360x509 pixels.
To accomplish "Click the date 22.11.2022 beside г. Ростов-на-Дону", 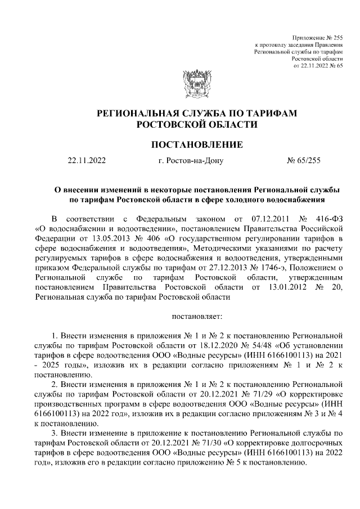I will pos(86,161).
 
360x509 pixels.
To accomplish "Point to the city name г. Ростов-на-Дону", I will pos(191,161).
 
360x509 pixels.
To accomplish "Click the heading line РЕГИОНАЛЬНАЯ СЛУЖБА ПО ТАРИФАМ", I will pos(196,113).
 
